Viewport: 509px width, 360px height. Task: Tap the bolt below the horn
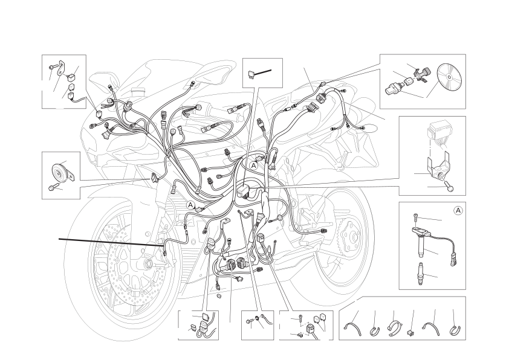point(52,187)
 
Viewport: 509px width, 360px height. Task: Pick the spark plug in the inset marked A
point(421,274)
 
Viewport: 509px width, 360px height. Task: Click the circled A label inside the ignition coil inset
point(458,210)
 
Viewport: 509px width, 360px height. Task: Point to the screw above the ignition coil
point(415,219)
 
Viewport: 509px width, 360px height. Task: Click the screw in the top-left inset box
point(53,67)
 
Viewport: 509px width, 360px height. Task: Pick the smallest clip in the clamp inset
point(410,332)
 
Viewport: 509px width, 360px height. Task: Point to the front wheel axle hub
point(148,263)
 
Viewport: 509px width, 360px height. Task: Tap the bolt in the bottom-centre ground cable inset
point(249,321)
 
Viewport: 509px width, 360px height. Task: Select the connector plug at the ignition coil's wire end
point(453,260)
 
